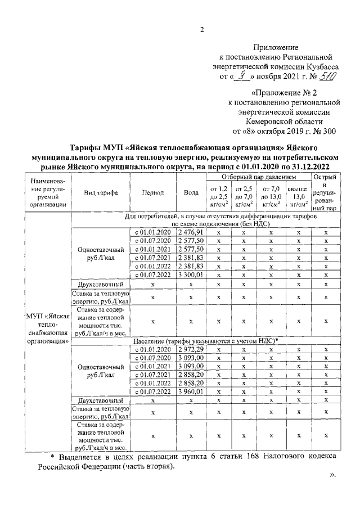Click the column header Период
tap(152, 192)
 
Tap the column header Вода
tap(191, 192)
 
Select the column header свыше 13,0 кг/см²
tap(299, 197)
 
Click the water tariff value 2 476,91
tap(191, 232)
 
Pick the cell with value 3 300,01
tap(191, 274)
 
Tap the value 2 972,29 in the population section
tap(191, 350)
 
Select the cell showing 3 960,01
tap(191, 392)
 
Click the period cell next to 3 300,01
tap(152, 274)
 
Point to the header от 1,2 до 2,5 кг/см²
tap(218, 197)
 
